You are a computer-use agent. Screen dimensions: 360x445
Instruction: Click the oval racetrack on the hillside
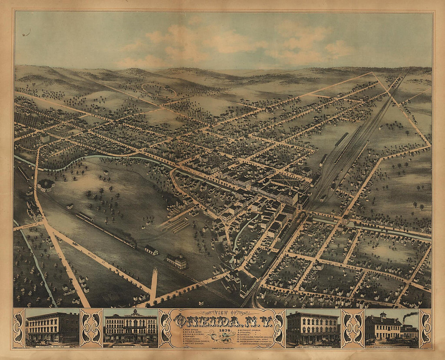point(159,90)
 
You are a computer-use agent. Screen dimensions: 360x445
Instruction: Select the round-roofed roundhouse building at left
point(46,185)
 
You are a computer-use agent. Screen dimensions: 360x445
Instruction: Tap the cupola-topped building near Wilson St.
point(176,261)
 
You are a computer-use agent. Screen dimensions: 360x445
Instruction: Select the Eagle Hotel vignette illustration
point(313,328)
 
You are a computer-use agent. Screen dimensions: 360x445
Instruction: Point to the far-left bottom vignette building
point(52,328)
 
